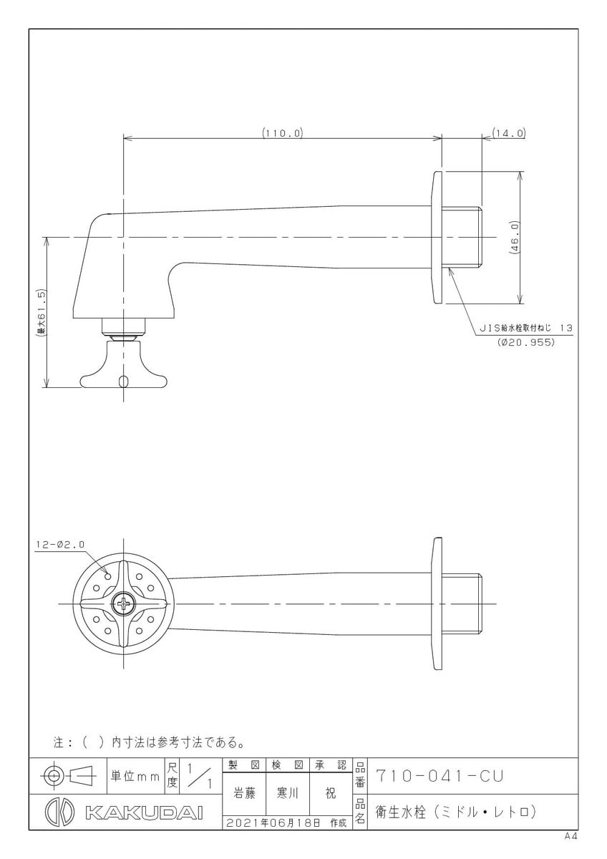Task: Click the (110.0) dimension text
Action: [x=283, y=133]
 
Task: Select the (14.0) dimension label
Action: [x=508, y=133]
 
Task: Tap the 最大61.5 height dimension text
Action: [x=42, y=313]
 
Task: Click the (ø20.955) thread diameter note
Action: [x=525, y=342]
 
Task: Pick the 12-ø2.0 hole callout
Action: [x=60, y=545]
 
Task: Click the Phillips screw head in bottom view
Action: [x=123, y=604]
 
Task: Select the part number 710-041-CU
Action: [x=440, y=776]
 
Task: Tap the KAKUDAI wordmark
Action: [x=144, y=812]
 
